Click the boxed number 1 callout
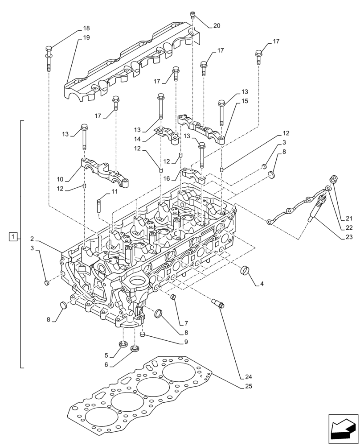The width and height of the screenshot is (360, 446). click(x=13, y=236)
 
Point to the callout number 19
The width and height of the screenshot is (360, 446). click(x=86, y=38)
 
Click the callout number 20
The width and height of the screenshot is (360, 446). click(x=217, y=26)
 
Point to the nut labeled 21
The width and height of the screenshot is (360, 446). click(x=334, y=179)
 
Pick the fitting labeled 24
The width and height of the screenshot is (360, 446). click(x=218, y=304)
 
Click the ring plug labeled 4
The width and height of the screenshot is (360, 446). click(x=245, y=270)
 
